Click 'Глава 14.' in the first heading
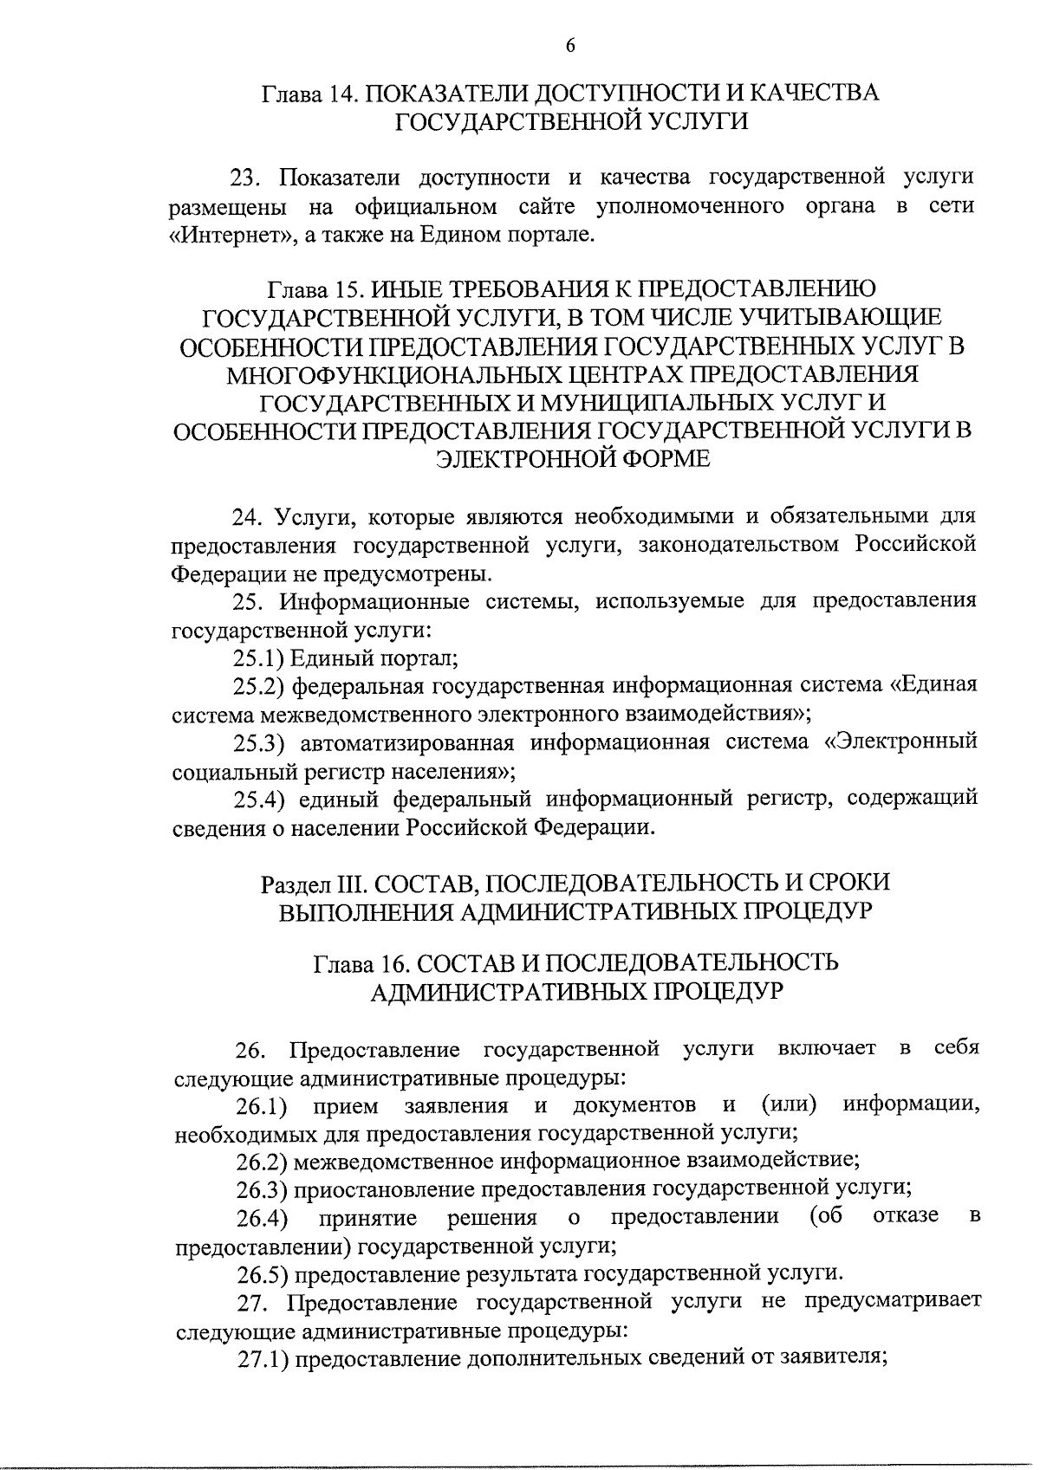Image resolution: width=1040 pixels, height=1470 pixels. click(304, 93)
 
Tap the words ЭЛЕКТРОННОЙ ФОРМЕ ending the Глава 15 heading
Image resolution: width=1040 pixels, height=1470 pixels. click(572, 459)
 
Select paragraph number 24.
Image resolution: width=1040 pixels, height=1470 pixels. click(247, 517)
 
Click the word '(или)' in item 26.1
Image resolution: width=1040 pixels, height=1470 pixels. click(789, 1105)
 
